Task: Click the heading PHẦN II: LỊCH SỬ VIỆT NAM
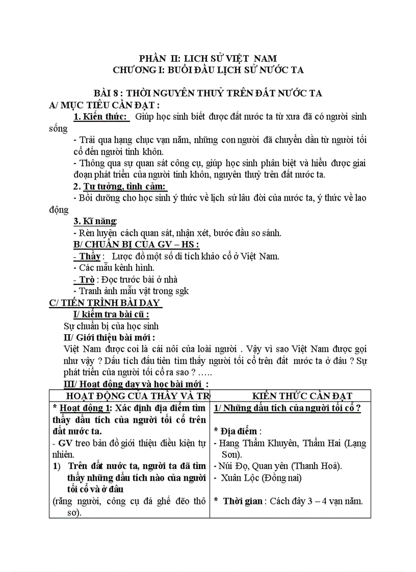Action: (x=208, y=59)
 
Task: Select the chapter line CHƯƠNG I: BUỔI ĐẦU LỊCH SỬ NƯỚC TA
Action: (x=208, y=69)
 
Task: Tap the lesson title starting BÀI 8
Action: (x=208, y=93)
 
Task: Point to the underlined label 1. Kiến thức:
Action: (x=100, y=117)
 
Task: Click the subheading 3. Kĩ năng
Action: (x=95, y=221)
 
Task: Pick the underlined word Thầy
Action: (x=88, y=256)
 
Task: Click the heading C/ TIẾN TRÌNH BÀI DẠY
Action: (x=105, y=303)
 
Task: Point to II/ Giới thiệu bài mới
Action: (x=109, y=337)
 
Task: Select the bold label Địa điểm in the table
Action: (x=237, y=431)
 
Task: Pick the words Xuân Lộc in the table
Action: (x=241, y=478)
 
